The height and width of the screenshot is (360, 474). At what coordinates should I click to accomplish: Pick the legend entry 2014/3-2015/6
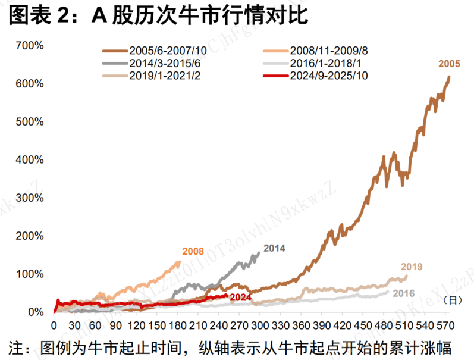[x=167, y=64]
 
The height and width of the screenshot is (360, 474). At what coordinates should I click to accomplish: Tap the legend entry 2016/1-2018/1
[x=324, y=64]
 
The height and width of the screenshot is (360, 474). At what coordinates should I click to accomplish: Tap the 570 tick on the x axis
[x=445, y=326]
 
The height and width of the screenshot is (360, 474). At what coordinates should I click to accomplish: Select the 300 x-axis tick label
[x=260, y=326]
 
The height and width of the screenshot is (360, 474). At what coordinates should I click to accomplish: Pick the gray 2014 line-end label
[x=274, y=248]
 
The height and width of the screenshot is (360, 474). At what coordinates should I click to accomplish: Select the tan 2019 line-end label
[x=412, y=267]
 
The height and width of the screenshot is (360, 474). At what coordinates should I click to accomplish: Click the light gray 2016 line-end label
[x=403, y=293]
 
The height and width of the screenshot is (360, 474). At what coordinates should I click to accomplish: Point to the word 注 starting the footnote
[x=16, y=347]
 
